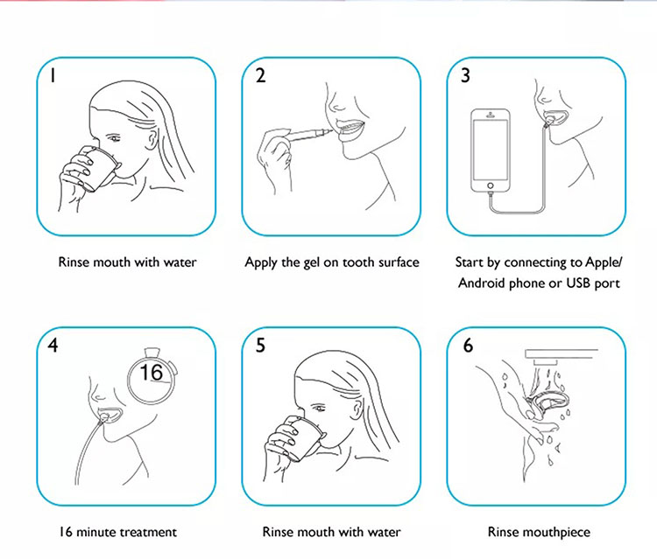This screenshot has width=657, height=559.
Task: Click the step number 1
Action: [53, 76]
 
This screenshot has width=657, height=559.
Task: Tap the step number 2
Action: [260, 76]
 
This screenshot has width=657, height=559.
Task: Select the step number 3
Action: [465, 76]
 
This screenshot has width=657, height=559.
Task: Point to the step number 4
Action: [53, 346]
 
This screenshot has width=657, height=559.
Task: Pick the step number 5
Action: [260, 346]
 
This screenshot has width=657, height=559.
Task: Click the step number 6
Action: [468, 346]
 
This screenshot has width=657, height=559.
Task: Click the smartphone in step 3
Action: [491, 150]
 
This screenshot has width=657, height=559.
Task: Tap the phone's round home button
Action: [491, 185]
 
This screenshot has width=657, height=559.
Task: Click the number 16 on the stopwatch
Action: [151, 372]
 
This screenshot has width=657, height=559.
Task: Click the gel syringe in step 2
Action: [309, 134]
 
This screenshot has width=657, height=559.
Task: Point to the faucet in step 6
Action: [561, 357]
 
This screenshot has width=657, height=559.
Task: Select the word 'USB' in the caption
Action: [578, 283]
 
